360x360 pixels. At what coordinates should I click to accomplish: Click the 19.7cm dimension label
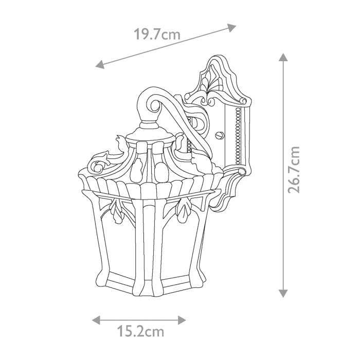157,34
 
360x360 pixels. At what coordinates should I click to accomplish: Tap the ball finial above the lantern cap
149,125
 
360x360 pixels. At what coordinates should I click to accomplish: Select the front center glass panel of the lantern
149,242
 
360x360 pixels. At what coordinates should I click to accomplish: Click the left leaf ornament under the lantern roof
115,213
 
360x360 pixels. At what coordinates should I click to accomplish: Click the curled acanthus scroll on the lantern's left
99,163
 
